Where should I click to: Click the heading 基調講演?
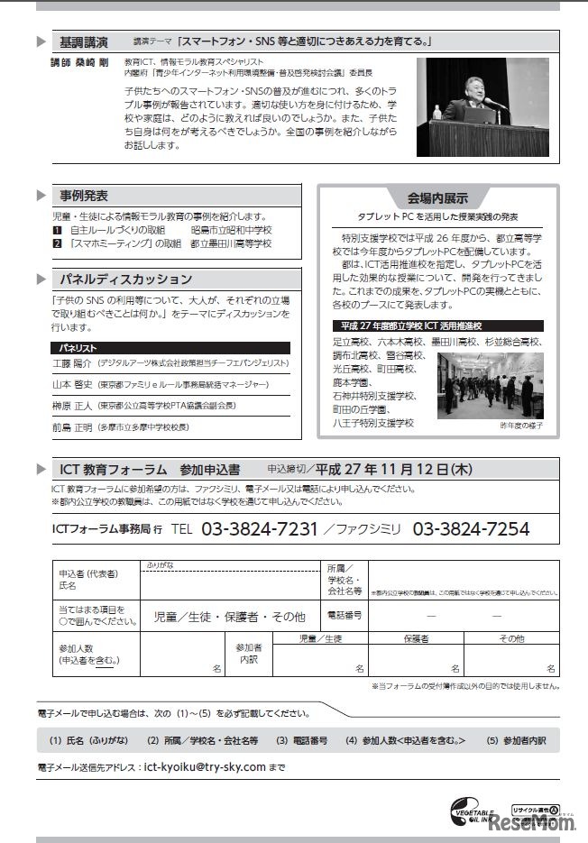[84, 42]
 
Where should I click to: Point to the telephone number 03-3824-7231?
[258, 529]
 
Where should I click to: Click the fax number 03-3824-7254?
[472, 529]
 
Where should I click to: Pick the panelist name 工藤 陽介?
[74, 363]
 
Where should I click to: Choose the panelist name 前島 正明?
[73, 426]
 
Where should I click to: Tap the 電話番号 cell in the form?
[345, 615]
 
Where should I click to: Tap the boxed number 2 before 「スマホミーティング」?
[57, 243]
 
